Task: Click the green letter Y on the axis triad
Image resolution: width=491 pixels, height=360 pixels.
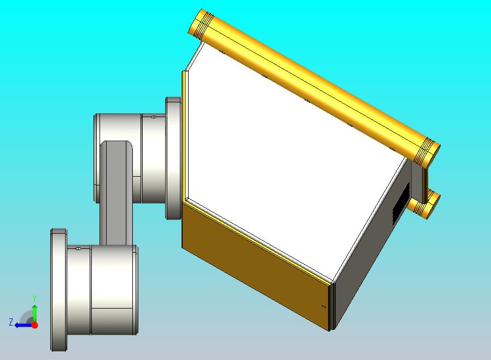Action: (34, 298)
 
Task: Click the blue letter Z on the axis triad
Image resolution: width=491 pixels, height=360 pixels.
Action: (11, 322)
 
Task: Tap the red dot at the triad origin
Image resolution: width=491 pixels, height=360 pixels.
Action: (35, 325)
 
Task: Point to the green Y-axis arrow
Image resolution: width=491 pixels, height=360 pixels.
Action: (35, 313)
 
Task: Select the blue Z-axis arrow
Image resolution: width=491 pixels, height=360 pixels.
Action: (24, 326)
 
